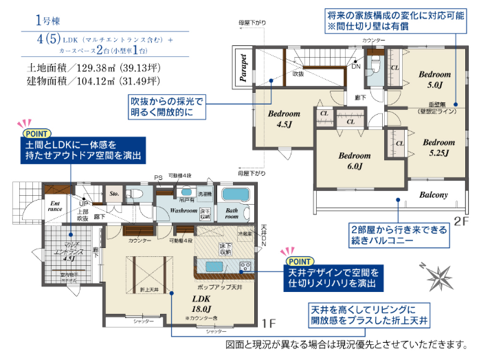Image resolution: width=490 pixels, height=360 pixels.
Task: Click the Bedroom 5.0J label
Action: (x=434, y=79)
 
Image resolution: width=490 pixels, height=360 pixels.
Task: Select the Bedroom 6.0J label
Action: (x=355, y=161)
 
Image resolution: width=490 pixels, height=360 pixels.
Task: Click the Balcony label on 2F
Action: (x=434, y=194)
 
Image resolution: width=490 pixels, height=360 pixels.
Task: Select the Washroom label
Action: (x=184, y=211)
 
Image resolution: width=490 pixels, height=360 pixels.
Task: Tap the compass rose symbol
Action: (x=438, y=275)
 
